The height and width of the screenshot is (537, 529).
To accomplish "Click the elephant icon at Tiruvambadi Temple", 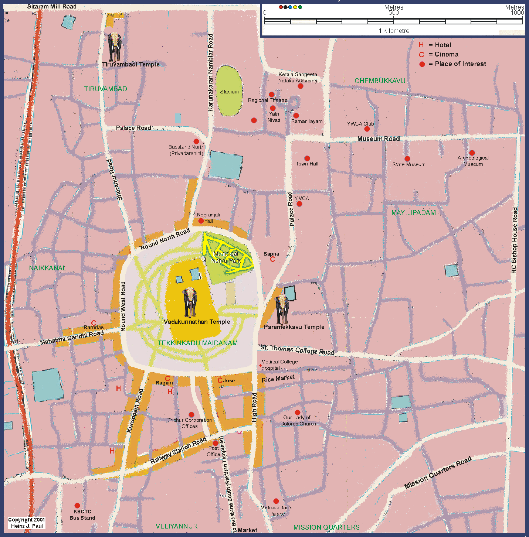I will (x=115, y=47).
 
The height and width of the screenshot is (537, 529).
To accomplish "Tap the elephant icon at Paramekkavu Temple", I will (x=282, y=309).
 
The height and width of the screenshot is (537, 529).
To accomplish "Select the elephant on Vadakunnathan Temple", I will (x=190, y=302).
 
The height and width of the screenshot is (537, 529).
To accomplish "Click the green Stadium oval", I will (x=229, y=91).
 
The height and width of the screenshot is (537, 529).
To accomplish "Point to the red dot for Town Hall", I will (x=307, y=158).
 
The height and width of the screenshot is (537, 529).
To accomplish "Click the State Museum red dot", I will (x=407, y=159).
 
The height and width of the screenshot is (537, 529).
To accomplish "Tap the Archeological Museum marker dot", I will (x=472, y=153).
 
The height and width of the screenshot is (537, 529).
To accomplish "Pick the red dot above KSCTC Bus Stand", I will (x=77, y=506).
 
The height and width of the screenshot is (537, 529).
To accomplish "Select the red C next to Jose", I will (x=220, y=380).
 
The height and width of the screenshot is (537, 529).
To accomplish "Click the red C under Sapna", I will (x=272, y=259).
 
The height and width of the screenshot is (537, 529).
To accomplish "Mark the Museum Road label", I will (x=378, y=139).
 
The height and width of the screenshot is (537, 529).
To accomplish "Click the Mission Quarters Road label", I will (x=438, y=472).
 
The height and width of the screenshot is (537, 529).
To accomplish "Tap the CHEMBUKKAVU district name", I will (x=380, y=81).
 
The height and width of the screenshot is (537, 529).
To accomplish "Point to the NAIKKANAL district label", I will (x=47, y=268).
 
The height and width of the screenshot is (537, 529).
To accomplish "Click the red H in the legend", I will (x=421, y=45).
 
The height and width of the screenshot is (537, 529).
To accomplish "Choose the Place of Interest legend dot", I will (x=422, y=64).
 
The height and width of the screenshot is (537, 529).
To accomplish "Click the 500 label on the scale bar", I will (x=393, y=13).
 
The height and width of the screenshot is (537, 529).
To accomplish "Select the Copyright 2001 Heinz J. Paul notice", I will (x=27, y=523).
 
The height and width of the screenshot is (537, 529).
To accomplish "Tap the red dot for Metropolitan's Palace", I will (x=276, y=501).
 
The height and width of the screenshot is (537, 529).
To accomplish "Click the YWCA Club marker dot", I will (x=367, y=129).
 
